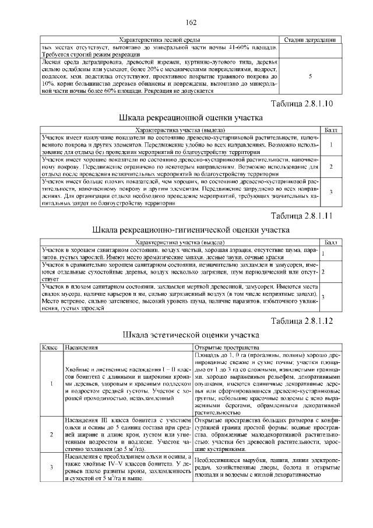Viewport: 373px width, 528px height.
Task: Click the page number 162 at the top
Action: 191,22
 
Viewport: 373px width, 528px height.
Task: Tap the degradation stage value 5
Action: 309,76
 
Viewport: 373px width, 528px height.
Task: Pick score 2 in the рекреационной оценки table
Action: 330,167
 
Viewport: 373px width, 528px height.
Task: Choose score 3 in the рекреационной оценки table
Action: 330,192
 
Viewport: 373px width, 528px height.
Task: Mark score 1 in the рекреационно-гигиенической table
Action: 323,254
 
